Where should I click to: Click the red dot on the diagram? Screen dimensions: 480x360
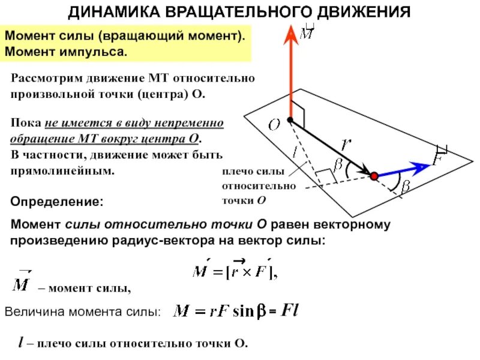point(374,176)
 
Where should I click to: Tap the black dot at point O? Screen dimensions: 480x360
point(290,120)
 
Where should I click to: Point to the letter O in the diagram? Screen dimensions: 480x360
point(274,125)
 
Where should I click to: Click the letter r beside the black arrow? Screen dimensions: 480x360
point(346,144)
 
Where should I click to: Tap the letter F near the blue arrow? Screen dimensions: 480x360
point(439,159)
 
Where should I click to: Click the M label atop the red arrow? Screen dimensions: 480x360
point(307,32)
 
